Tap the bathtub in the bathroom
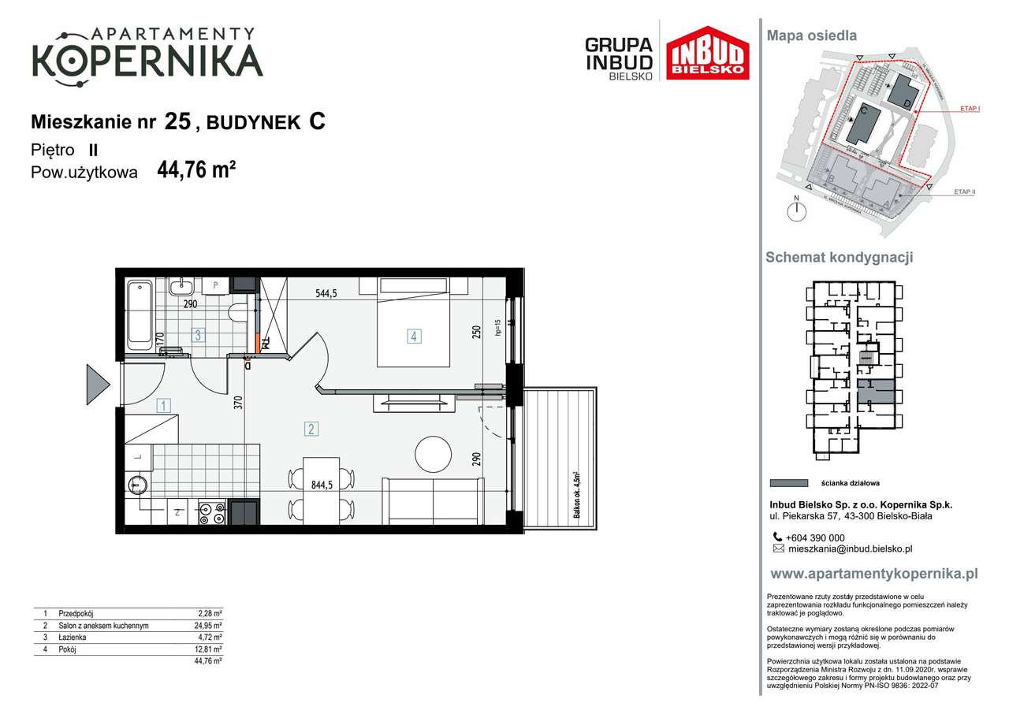(140, 314)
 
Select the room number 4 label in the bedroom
(414, 337)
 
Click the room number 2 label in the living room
(312, 430)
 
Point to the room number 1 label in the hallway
(163, 407)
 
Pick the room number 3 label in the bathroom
(199, 336)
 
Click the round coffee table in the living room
(435, 455)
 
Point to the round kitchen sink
(139, 484)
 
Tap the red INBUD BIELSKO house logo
(707, 54)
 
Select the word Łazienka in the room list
(73, 638)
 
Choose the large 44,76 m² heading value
(197, 170)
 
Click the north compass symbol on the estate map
(798, 210)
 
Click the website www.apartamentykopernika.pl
(873, 575)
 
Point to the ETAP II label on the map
(964, 192)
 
